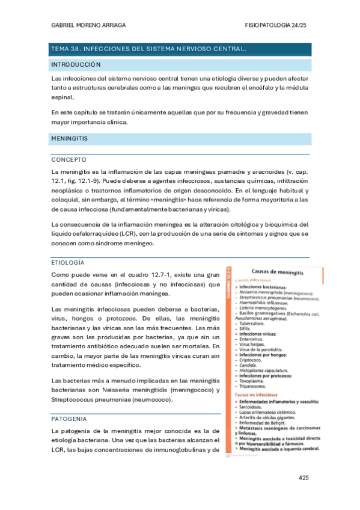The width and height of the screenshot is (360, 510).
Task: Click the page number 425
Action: [303, 478]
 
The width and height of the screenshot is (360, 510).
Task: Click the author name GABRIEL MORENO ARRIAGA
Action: [88, 25]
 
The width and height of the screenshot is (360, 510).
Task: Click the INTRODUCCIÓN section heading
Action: [76, 64]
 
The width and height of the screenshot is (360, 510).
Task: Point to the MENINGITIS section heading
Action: [70, 138]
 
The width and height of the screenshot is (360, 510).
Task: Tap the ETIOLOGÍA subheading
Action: [68, 263]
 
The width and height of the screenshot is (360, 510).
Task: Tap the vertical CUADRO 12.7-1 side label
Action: [228, 288]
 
